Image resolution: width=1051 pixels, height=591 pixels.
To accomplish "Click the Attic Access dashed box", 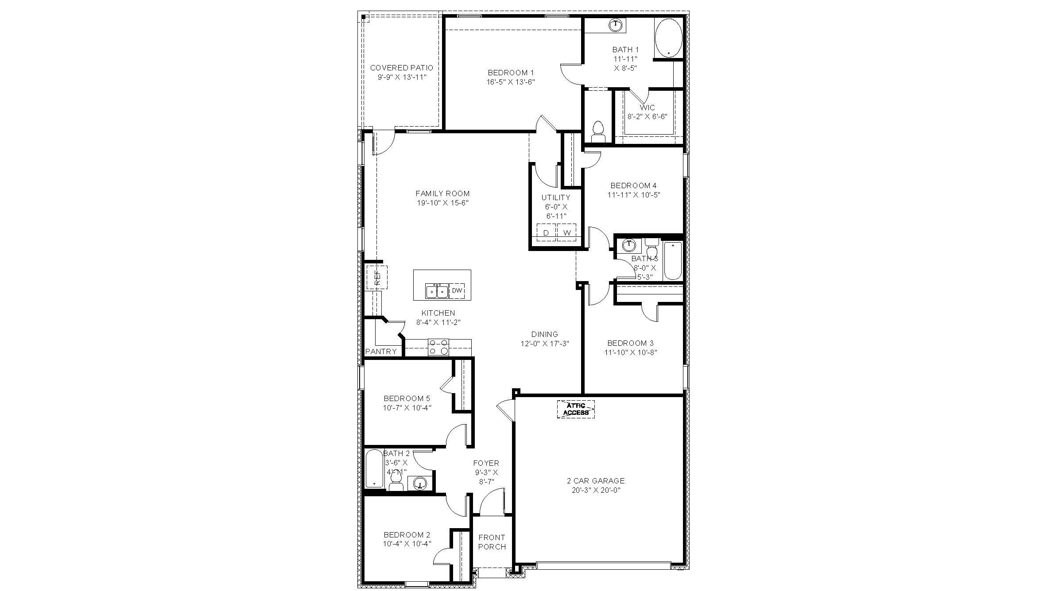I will [x=575, y=409].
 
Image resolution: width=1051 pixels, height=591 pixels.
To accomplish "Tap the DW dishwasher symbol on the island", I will [x=457, y=291].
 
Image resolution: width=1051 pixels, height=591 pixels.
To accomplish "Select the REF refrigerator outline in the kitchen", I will [x=377, y=278].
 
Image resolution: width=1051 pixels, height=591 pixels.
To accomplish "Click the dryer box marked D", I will [x=546, y=232].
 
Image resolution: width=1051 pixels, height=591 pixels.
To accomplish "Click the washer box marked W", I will [x=566, y=232].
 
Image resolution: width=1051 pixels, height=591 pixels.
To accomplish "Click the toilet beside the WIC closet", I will [x=598, y=131].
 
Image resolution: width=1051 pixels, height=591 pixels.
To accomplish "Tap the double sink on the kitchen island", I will [x=436, y=291].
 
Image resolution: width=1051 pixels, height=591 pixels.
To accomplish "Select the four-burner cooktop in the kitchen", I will [x=438, y=347].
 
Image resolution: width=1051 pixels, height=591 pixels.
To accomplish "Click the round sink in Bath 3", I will [x=628, y=245].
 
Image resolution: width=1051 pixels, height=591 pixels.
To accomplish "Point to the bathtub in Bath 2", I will [x=374, y=468].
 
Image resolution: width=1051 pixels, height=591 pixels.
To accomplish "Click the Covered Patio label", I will [x=401, y=68].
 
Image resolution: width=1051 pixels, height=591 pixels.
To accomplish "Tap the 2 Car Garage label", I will [x=596, y=480].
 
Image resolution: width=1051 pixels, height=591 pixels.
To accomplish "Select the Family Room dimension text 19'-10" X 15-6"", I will [x=442, y=203].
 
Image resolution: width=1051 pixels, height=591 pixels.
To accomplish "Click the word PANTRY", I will [x=381, y=352].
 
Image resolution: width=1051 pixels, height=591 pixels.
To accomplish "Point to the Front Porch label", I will [x=492, y=542].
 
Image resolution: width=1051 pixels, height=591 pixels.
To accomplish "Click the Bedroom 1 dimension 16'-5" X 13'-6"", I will [x=511, y=82].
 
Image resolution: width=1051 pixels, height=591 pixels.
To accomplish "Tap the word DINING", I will [x=544, y=334].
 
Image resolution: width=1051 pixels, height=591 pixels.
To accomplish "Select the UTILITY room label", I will [x=555, y=197].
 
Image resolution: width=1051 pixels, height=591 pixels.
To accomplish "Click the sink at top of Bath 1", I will [x=616, y=24].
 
